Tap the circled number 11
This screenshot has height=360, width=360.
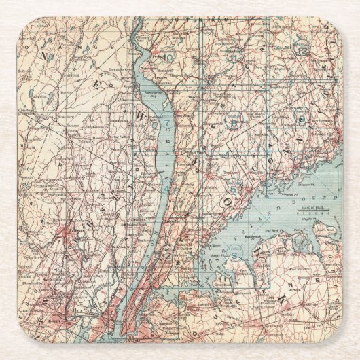tap(235, 57)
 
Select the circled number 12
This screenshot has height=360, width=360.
tap(302, 48)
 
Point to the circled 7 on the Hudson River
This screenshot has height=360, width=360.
tap(166, 125)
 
